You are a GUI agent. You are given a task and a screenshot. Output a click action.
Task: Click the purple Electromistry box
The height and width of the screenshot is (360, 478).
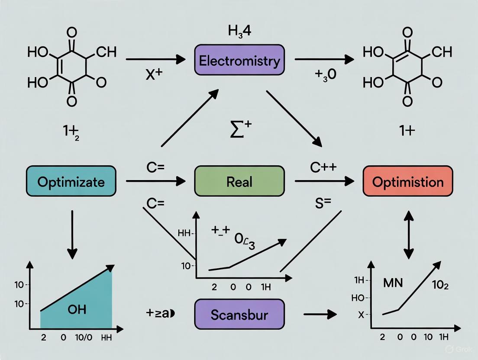click(239, 61)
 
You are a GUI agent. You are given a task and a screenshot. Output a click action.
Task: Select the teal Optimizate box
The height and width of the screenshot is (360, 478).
click(71, 181)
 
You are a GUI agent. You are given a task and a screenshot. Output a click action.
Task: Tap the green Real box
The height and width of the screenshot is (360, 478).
click(239, 181)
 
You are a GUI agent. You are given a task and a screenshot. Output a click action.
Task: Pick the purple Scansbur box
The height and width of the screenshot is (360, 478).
click(239, 315)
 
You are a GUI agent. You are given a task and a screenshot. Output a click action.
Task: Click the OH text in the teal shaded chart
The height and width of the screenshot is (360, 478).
click(77, 309)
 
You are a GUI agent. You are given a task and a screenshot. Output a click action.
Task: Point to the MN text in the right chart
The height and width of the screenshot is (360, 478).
click(393, 283)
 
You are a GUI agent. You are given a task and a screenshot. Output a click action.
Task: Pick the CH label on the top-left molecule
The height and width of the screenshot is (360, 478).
click(106, 52)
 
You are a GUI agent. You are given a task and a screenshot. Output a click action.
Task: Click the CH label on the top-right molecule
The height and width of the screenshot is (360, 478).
click(442, 52)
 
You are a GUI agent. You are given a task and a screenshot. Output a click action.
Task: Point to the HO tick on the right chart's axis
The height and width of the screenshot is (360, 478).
click(361, 298)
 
